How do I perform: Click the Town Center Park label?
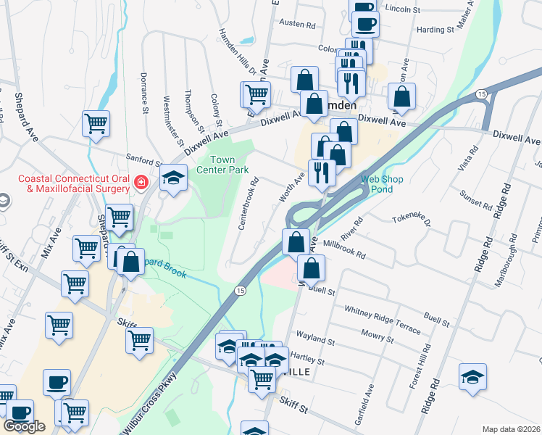pos(229,165)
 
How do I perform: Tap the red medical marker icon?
pos(141,183)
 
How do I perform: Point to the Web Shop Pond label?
pos(380,183)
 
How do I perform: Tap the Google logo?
pos(24,426)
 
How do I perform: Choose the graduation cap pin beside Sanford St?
pos(174,178)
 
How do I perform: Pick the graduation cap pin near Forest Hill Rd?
pos(472,376)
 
